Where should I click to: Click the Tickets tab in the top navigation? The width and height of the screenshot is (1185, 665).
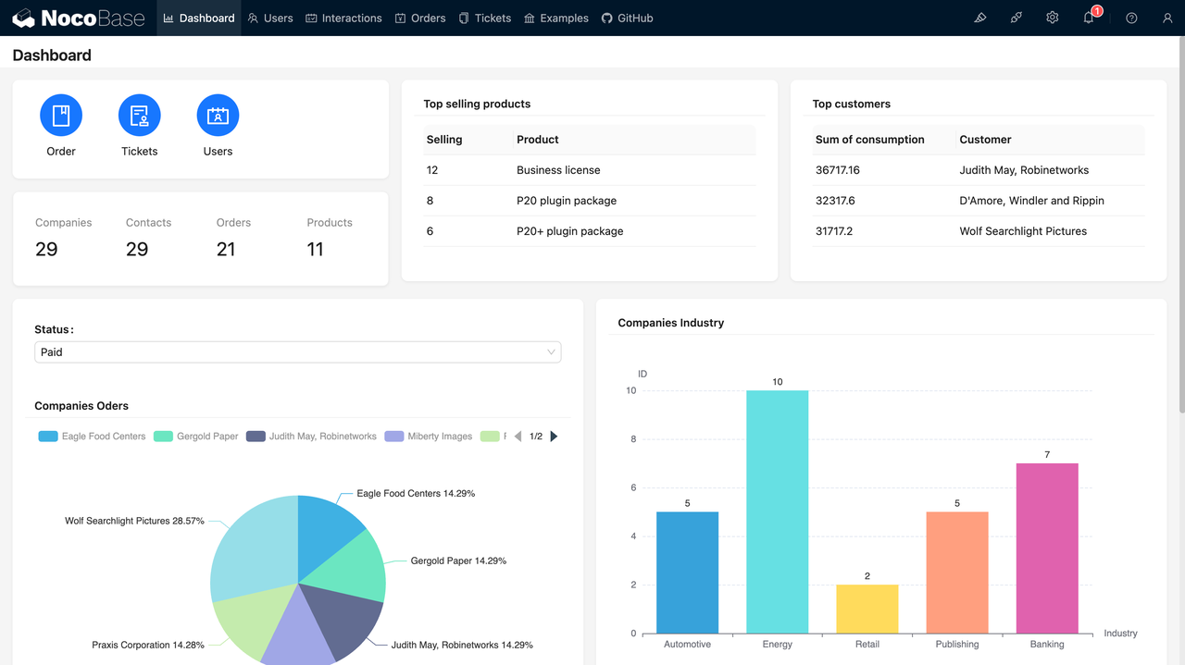[485, 18]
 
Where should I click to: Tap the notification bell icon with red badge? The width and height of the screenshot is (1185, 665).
[1089, 18]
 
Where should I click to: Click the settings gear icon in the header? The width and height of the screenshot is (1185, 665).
[1052, 18]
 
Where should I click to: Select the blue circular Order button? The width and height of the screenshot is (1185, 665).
[61, 116]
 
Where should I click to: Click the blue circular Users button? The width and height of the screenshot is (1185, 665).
[218, 116]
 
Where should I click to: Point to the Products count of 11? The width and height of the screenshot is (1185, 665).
[315, 249]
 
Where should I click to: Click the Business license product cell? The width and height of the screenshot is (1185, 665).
[558, 170]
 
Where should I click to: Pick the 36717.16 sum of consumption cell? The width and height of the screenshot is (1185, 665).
[837, 170]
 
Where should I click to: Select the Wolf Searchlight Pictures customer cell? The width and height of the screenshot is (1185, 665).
[1023, 231]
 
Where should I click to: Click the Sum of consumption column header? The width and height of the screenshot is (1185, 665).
[869, 140]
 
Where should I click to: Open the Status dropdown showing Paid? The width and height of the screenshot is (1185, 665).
[297, 352]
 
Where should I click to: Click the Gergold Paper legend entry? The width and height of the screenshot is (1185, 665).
[196, 437]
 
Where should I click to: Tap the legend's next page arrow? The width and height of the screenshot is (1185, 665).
[554, 437]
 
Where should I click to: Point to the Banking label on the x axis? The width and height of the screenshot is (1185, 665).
[1047, 645]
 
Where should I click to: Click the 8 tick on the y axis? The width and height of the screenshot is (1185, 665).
[633, 439]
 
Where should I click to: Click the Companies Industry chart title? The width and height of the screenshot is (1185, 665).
[670, 323]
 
